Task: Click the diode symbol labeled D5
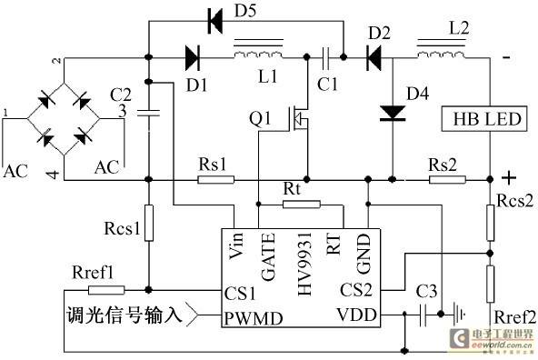coord(215,21)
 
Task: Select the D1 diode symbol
coord(192,57)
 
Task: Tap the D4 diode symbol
coord(393,114)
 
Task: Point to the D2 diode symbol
coord(374,57)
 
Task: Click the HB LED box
coord(484,119)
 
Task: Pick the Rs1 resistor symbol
coord(215,179)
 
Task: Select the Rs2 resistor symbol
coord(447,179)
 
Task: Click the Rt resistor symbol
coord(301,205)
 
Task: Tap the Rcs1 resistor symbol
coord(148,223)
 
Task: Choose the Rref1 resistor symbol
coord(106,290)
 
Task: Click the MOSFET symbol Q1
coord(298,118)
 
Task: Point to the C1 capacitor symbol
coord(325,57)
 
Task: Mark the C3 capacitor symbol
coord(423,315)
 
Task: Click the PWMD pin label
coord(254,318)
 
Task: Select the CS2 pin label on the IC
coord(356,290)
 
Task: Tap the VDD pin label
coord(357,315)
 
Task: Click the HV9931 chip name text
coord(304,264)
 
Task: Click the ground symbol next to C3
coord(459,314)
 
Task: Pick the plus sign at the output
coord(509,178)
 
